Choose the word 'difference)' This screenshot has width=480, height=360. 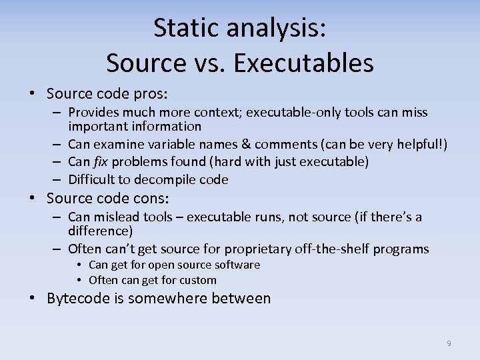point(101,231)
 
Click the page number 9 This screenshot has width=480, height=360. point(449,343)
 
